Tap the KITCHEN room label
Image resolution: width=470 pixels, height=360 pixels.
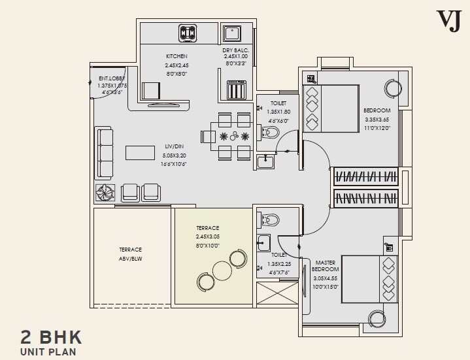pos(176,57)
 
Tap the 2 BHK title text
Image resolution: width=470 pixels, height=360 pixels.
pos(52,338)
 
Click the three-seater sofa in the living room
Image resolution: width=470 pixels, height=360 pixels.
pos(106,153)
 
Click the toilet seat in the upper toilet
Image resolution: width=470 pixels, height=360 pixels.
pos(271,134)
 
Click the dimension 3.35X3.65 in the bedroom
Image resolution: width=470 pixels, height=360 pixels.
pos(377,120)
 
